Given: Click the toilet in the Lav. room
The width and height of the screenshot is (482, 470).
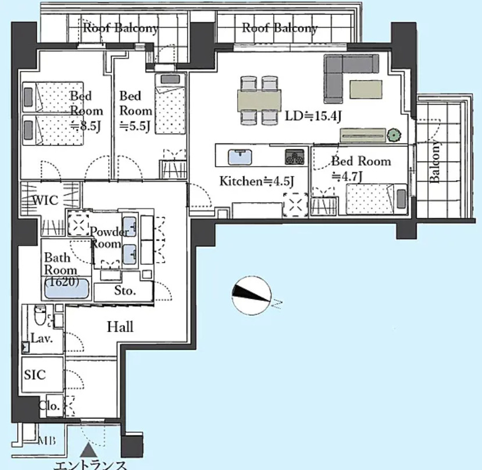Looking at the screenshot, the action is (x=40, y=314).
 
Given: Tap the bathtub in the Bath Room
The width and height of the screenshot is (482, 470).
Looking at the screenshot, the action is (x=67, y=288).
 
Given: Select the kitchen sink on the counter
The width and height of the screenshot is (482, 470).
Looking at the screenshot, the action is (x=240, y=157).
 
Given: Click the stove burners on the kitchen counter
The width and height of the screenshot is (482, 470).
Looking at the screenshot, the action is (x=294, y=157).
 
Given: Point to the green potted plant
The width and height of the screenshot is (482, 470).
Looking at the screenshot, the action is (x=394, y=135).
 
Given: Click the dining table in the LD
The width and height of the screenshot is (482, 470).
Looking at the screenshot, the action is (x=259, y=100).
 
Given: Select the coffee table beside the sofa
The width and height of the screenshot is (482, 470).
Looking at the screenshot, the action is (x=366, y=89).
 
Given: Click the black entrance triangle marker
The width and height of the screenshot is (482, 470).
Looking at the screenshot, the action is (x=89, y=450).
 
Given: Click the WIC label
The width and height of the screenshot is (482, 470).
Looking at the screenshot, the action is (x=45, y=200).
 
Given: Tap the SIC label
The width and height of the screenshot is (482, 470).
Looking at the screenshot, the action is (x=35, y=375).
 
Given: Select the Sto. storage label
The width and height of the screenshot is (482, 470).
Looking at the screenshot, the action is (x=125, y=290).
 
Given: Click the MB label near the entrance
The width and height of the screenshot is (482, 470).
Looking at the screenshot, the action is (x=47, y=441).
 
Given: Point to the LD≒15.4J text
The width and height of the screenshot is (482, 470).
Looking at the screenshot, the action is (x=313, y=116).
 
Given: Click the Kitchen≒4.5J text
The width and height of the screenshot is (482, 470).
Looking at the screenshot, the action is (x=256, y=181).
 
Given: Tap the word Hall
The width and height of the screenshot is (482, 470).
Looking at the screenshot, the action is (x=120, y=327).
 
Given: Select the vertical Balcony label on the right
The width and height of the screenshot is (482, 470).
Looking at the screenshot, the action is (x=434, y=162).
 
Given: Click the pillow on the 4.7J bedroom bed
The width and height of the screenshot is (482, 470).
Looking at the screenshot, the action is (x=401, y=199).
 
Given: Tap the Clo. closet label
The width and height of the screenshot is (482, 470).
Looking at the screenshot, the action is (x=49, y=406).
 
